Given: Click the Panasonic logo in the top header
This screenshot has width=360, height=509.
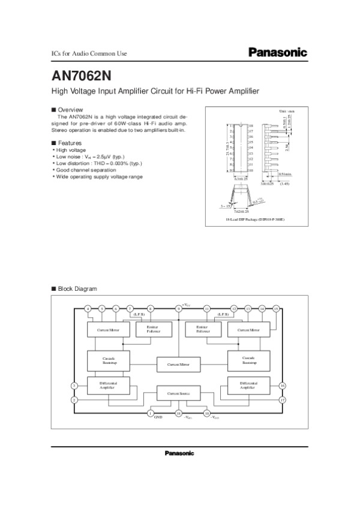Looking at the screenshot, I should [277, 53].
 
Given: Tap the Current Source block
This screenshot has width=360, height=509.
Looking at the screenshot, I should [178, 393].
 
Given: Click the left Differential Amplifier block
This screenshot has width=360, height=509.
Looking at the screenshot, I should [109, 385].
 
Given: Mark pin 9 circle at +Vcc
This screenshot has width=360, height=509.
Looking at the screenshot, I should [178, 308].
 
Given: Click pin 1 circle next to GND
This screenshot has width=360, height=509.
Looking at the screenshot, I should [150, 413].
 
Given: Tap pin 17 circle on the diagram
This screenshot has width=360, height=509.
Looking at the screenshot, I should [282, 399].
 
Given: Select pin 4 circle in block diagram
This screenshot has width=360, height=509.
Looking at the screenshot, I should [88, 308].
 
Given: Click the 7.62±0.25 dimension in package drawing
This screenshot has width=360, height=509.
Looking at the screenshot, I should [240, 212].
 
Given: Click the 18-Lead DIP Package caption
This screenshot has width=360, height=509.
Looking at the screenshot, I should [255, 221].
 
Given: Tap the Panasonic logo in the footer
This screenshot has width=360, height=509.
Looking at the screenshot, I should [179, 453].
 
